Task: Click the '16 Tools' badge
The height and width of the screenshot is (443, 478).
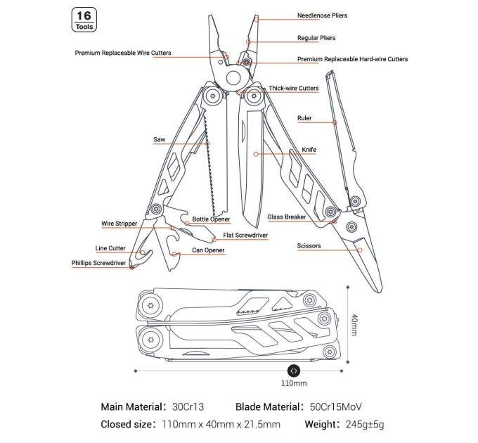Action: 84,20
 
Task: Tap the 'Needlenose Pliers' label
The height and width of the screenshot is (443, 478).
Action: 322,15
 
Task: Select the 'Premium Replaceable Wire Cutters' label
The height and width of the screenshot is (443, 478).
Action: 123,53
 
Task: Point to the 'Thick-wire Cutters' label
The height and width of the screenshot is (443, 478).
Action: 294,88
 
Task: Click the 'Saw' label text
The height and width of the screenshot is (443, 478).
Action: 159,140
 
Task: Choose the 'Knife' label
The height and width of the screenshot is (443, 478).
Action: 309,150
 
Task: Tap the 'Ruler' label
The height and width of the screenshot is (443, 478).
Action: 304,118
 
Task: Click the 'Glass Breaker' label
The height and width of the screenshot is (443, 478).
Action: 287,217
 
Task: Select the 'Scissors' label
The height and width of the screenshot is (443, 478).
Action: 309,245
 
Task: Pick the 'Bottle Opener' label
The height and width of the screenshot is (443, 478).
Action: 211,219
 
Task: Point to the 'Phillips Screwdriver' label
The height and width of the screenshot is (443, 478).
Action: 98,263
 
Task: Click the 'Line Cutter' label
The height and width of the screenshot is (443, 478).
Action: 110,248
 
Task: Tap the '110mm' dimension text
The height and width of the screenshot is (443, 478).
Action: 294,383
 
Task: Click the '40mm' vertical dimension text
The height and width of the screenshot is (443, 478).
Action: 354,325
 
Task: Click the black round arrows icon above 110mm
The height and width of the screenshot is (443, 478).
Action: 294,371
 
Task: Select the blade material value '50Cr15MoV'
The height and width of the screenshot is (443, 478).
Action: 335,406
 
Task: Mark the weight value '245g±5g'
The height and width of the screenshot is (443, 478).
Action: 365,424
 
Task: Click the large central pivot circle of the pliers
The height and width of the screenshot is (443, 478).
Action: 233,78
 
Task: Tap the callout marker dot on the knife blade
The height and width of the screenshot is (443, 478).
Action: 256,154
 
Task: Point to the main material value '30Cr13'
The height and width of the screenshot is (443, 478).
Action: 188,406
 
